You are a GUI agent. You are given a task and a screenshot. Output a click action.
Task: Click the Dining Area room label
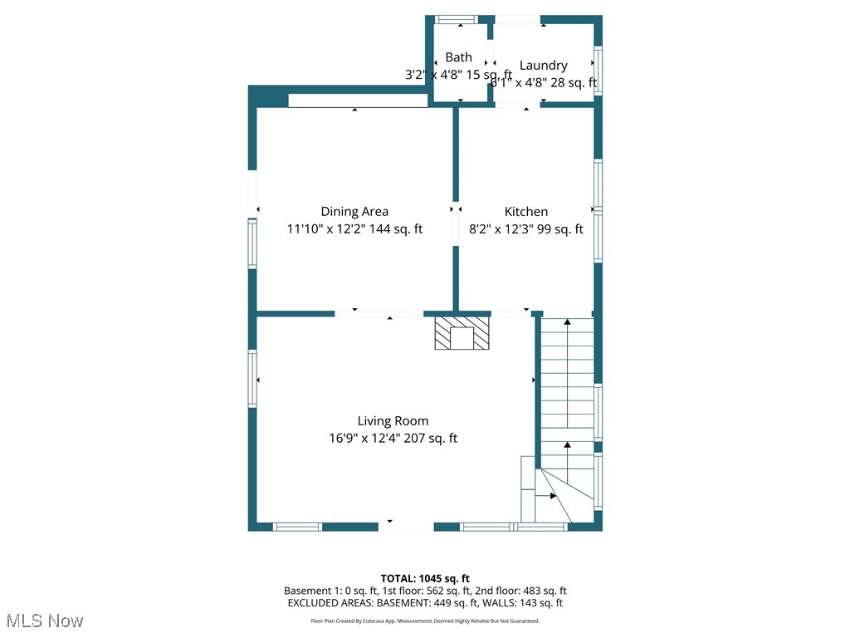354,212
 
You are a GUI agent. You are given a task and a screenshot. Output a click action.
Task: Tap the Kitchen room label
526,212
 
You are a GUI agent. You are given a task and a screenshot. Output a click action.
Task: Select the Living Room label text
393,421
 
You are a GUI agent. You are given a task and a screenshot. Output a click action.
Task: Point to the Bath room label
458,57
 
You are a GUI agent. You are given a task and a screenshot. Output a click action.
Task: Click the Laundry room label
544,66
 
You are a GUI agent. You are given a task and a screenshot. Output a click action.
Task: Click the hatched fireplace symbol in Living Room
462,332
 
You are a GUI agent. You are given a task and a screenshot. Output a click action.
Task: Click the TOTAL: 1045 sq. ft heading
425,578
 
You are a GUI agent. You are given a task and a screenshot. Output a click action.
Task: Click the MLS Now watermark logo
45,621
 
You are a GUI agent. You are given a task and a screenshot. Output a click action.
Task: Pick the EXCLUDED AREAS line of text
425,603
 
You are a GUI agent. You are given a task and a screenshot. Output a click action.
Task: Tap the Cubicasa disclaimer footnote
425,621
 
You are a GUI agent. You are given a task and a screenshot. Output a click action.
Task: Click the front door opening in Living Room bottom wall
406,526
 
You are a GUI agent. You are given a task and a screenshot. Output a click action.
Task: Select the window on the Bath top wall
457,19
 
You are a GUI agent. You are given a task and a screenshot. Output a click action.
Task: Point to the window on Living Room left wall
252,379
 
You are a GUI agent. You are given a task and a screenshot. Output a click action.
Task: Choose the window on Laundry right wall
598,70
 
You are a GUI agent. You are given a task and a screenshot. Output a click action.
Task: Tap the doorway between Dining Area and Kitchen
456,223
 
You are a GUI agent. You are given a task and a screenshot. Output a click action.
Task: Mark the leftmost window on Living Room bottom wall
297,527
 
